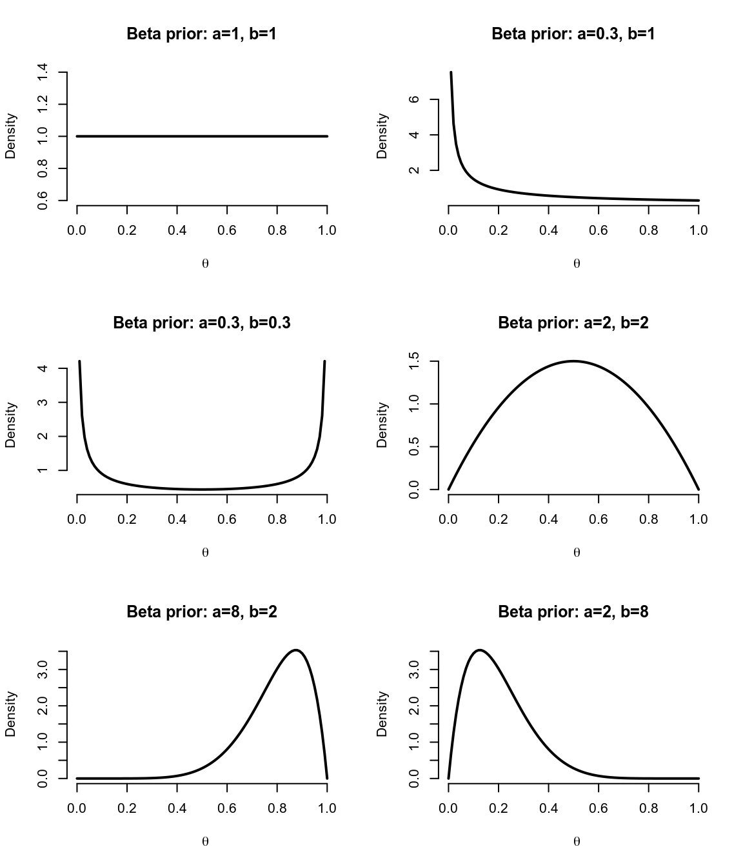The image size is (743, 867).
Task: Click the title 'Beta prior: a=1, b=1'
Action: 202,34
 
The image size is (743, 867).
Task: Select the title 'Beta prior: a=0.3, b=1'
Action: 573,34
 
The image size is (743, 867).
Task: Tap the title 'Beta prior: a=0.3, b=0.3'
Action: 202,323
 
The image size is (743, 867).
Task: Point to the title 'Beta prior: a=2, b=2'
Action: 573,323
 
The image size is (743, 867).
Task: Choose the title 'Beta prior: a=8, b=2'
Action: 202,612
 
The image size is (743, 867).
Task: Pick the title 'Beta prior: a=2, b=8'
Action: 573,612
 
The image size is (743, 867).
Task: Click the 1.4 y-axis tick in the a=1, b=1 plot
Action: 43,72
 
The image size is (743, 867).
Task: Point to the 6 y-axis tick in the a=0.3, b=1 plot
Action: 415,99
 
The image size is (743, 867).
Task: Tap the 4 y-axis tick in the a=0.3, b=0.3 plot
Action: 43,368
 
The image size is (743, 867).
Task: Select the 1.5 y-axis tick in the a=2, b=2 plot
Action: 415,361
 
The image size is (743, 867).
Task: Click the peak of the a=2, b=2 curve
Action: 573,361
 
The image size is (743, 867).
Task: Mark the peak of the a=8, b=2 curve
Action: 296,650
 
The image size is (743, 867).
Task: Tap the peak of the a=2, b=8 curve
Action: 479,650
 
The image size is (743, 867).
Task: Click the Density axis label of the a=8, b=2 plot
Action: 10,713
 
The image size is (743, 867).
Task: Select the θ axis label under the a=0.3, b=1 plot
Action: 577,263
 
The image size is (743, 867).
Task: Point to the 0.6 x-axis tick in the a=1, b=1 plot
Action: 227,230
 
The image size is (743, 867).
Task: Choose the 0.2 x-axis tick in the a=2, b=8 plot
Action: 499,808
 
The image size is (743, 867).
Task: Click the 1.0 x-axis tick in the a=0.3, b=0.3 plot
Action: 327,519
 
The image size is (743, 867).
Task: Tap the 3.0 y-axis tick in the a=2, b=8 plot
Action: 415,669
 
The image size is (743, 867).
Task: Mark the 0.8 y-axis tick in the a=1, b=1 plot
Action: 43,168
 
